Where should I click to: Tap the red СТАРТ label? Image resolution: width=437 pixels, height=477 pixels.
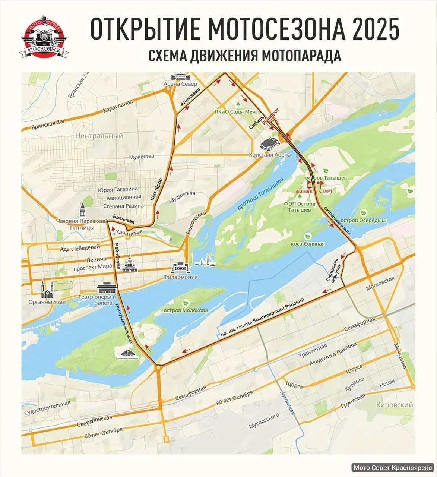tap(326, 191)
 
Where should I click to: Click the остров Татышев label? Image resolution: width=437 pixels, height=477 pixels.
tap(326, 178)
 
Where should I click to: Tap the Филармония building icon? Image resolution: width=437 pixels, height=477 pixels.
tap(181, 268)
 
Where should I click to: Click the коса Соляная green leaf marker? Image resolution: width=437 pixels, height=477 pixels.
tap(308, 236)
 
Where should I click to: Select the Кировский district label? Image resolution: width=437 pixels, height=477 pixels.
tap(395, 405)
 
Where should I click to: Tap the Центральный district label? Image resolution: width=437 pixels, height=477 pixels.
tap(99, 136)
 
